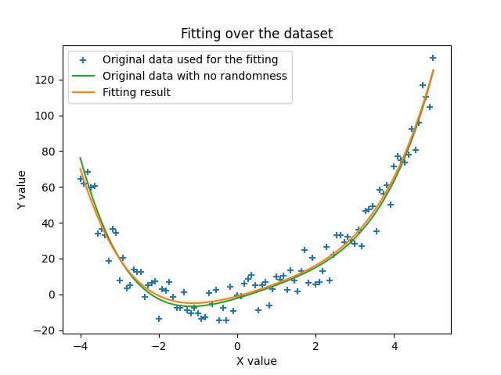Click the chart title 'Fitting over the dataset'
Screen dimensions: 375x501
pyautogui.click(x=257, y=34)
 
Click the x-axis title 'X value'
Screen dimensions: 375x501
pyautogui.click(x=257, y=361)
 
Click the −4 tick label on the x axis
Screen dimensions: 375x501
pyautogui.click(x=80, y=346)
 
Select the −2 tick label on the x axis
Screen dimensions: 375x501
pyautogui.click(x=158, y=346)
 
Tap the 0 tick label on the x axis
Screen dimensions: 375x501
pyautogui.click(x=237, y=346)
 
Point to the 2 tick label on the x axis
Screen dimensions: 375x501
pyautogui.click(x=315, y=346)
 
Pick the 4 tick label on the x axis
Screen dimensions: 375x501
pyautogui.click(x=395, y=346)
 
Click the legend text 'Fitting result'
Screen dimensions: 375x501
pyautogui.click(x=136, y=92)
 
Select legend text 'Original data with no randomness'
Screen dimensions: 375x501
pyautogui.click(x=195, y=76)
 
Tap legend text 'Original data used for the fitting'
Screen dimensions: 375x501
pyautogui.click(x=190, y=59)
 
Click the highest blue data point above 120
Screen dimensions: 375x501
pyautogui.click(x=433, y=58)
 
